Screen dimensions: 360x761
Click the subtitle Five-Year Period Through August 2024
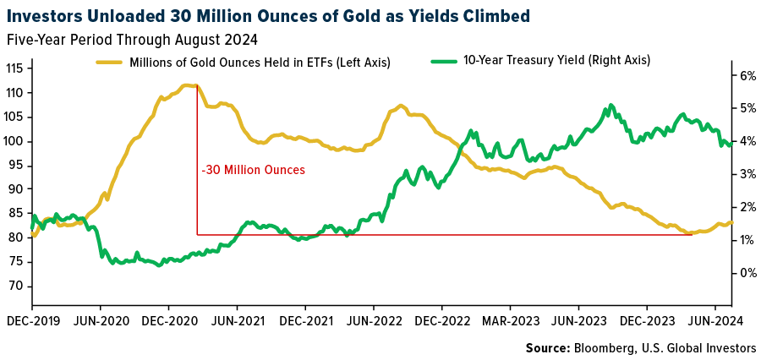[131, 39]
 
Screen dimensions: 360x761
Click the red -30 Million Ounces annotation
[253, 170]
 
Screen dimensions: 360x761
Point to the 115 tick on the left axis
[14, 68]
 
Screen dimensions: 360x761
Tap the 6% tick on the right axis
[745, 75]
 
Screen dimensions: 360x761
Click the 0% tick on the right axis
[745, 273]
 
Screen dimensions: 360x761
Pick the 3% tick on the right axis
[745, 174]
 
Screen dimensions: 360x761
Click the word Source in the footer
[547, 347]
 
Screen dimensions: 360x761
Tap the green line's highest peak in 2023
[607, 106]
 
